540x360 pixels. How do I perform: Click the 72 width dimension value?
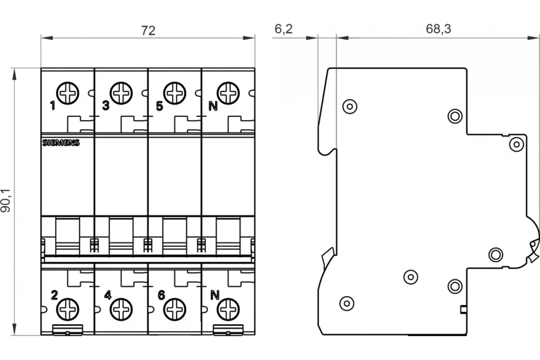click(148, 31)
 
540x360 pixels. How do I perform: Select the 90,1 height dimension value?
click(5, 200)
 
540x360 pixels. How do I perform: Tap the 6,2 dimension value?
click(283, 29)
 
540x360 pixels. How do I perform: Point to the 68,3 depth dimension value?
click(438, 29)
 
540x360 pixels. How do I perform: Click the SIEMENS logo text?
click(61, 143)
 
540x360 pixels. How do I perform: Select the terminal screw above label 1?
click(67, 93)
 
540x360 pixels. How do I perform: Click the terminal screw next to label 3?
click(121, 93)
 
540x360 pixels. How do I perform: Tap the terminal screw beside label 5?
click(175, 93)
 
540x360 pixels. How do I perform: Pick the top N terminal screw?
click(228, 93)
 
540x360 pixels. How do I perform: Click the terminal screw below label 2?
click(67, 309)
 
